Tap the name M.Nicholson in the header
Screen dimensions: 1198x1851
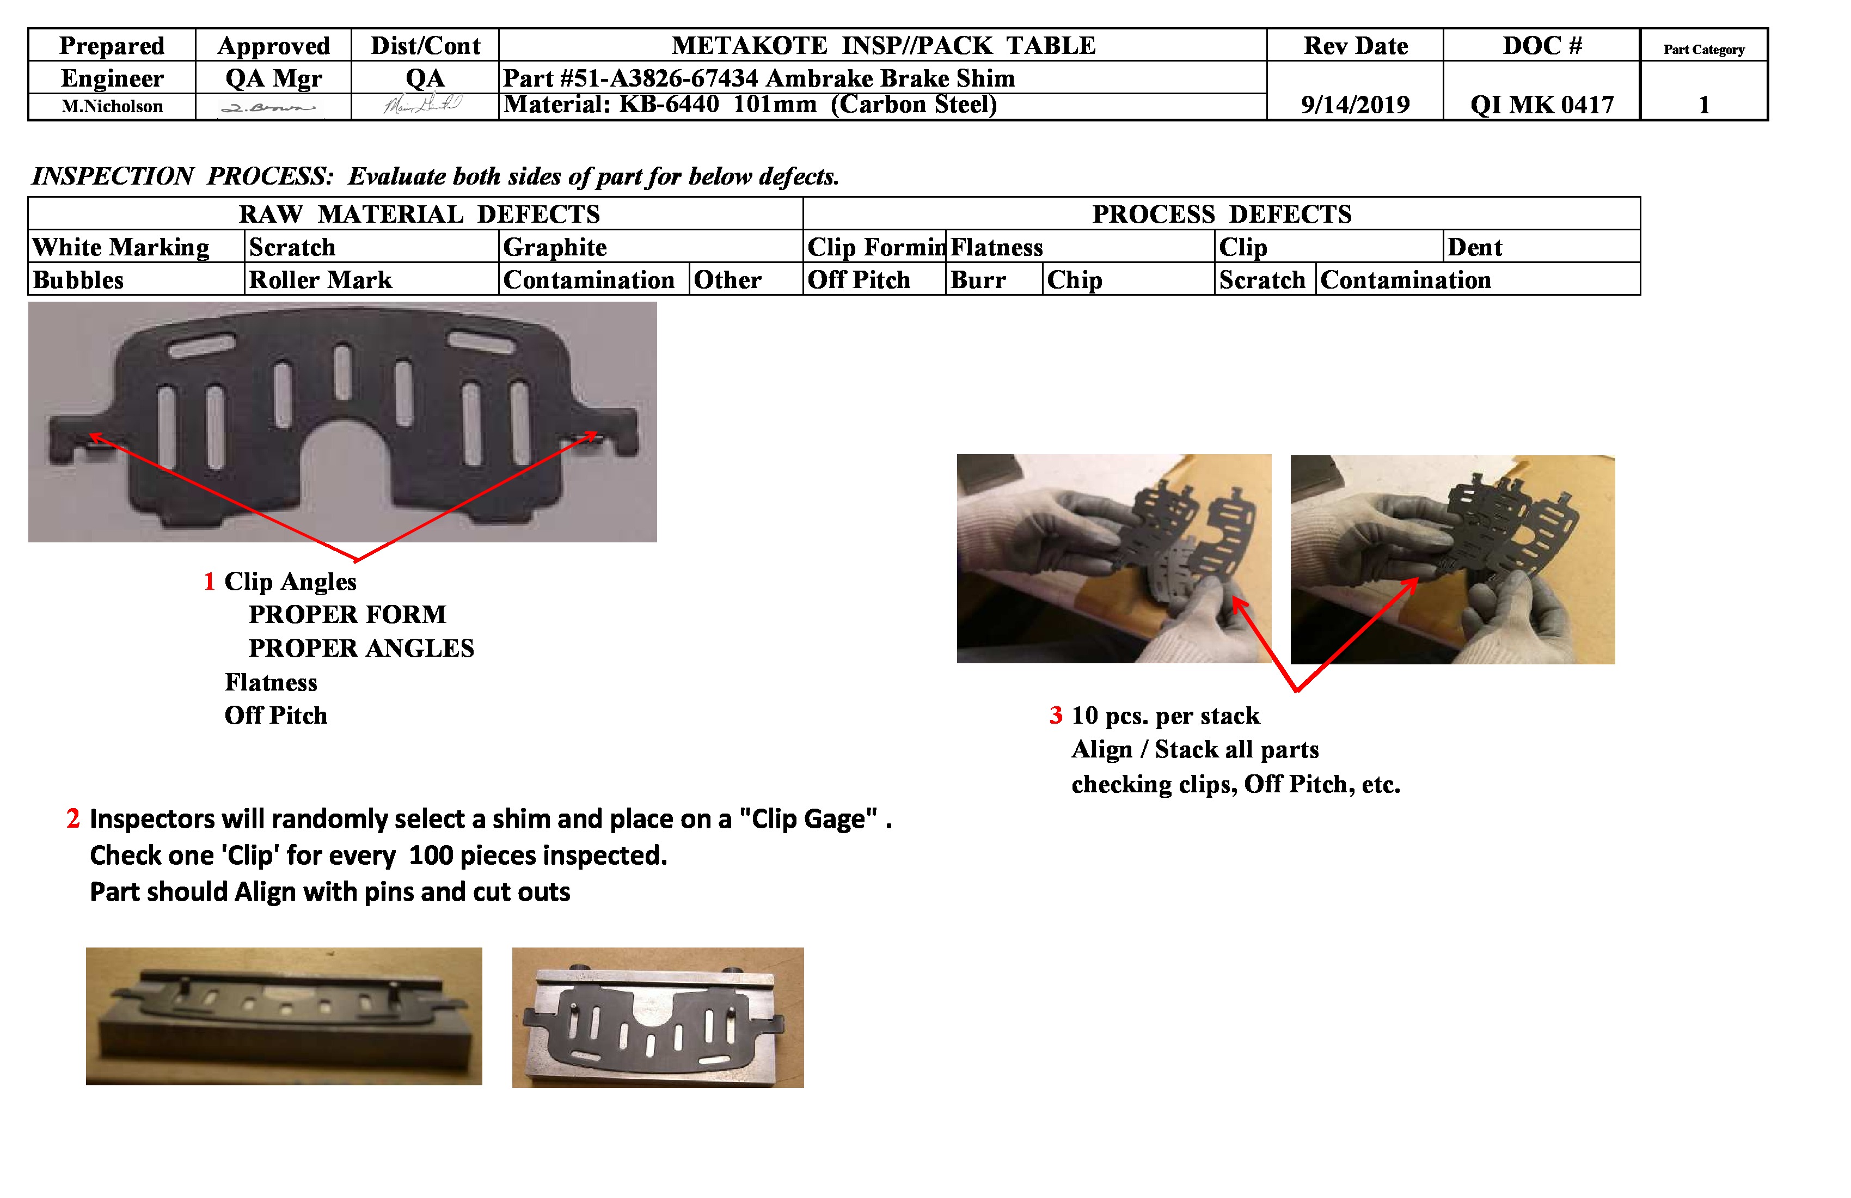(x=112, y=107)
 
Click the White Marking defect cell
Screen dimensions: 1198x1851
(x=121, y=247)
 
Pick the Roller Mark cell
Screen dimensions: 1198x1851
(x=321, y=279)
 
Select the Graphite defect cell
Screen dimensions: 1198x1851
(x=555, y=247)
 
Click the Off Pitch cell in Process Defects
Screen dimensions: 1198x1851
(x=859, y=279)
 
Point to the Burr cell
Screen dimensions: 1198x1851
(x=978, y=279)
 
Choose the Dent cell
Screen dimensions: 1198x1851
(x=1475, y=247)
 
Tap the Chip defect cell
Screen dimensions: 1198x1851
(x=1074, y=279)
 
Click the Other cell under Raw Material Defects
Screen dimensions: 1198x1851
(x=727, y=279)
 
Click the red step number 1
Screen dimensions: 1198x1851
(x=209, y=582)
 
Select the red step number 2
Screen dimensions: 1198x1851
(x=73, y=818)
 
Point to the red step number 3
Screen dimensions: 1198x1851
(x=1056, y=715)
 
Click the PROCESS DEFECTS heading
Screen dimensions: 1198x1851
(x=1221, y=214)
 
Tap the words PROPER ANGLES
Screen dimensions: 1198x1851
(x=361, y=648)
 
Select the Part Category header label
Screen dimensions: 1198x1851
(x=1703, y=49)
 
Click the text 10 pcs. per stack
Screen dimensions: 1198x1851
(x=1165, y=716)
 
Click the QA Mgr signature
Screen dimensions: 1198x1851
(x=268, y=107)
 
